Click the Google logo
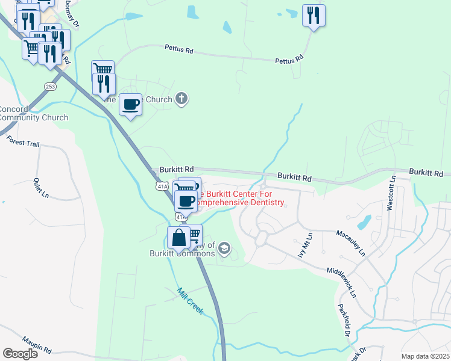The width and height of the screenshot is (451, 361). [20, 353]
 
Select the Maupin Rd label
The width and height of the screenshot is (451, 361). [37, 344]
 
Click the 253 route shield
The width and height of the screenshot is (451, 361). [49, 87]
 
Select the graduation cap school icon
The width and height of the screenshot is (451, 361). [224, 248]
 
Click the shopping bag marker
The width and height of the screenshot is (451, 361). [179, 238]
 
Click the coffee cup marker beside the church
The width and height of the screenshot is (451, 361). [131, 105]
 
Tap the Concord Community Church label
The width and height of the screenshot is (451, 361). [33, 113]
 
